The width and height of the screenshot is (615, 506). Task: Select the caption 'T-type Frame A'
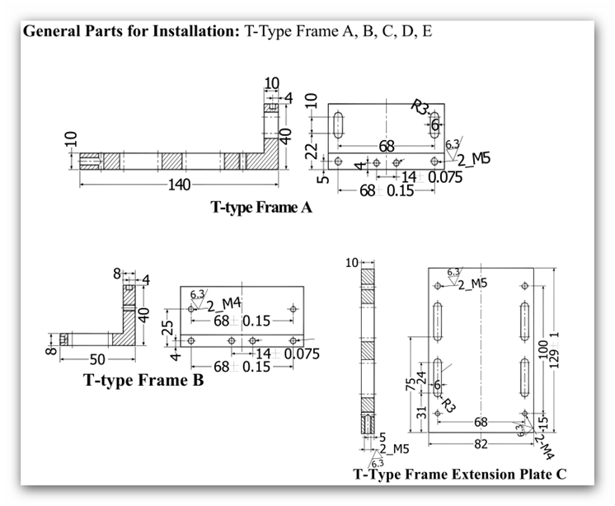point(261,208)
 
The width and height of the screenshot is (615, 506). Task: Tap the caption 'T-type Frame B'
point(143,381)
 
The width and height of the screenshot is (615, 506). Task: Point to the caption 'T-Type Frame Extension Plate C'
point(460,475)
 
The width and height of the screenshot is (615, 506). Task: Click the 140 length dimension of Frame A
point(179,185)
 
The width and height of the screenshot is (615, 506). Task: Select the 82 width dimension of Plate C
point(481,443)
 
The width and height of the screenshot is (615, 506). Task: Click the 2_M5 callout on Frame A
point(472,158)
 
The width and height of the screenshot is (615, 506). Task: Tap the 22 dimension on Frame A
point(312,151)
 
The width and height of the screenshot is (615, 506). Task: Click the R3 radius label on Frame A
point(420,108)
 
